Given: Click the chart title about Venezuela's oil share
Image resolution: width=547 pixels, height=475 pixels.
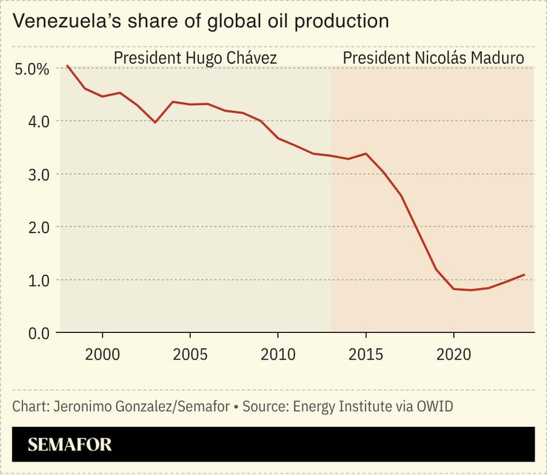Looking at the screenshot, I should coord(201,21).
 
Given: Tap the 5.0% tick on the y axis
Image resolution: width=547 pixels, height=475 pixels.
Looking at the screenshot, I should coord(32,69).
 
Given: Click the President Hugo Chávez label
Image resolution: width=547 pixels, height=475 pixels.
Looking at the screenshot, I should coord(195,57).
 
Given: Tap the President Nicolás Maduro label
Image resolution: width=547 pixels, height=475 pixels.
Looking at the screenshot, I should coord(433,57).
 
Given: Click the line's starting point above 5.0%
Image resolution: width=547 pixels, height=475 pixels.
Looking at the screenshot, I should coord(67,66).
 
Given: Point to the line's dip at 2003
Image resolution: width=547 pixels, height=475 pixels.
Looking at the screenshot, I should coord(155,122).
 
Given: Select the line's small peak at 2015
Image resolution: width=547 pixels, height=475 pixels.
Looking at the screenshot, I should coord(366,154).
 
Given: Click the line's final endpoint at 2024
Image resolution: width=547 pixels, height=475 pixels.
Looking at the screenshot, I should coord(524,274).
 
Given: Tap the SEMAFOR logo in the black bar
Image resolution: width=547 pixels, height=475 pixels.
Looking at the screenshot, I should coord(69,445).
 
